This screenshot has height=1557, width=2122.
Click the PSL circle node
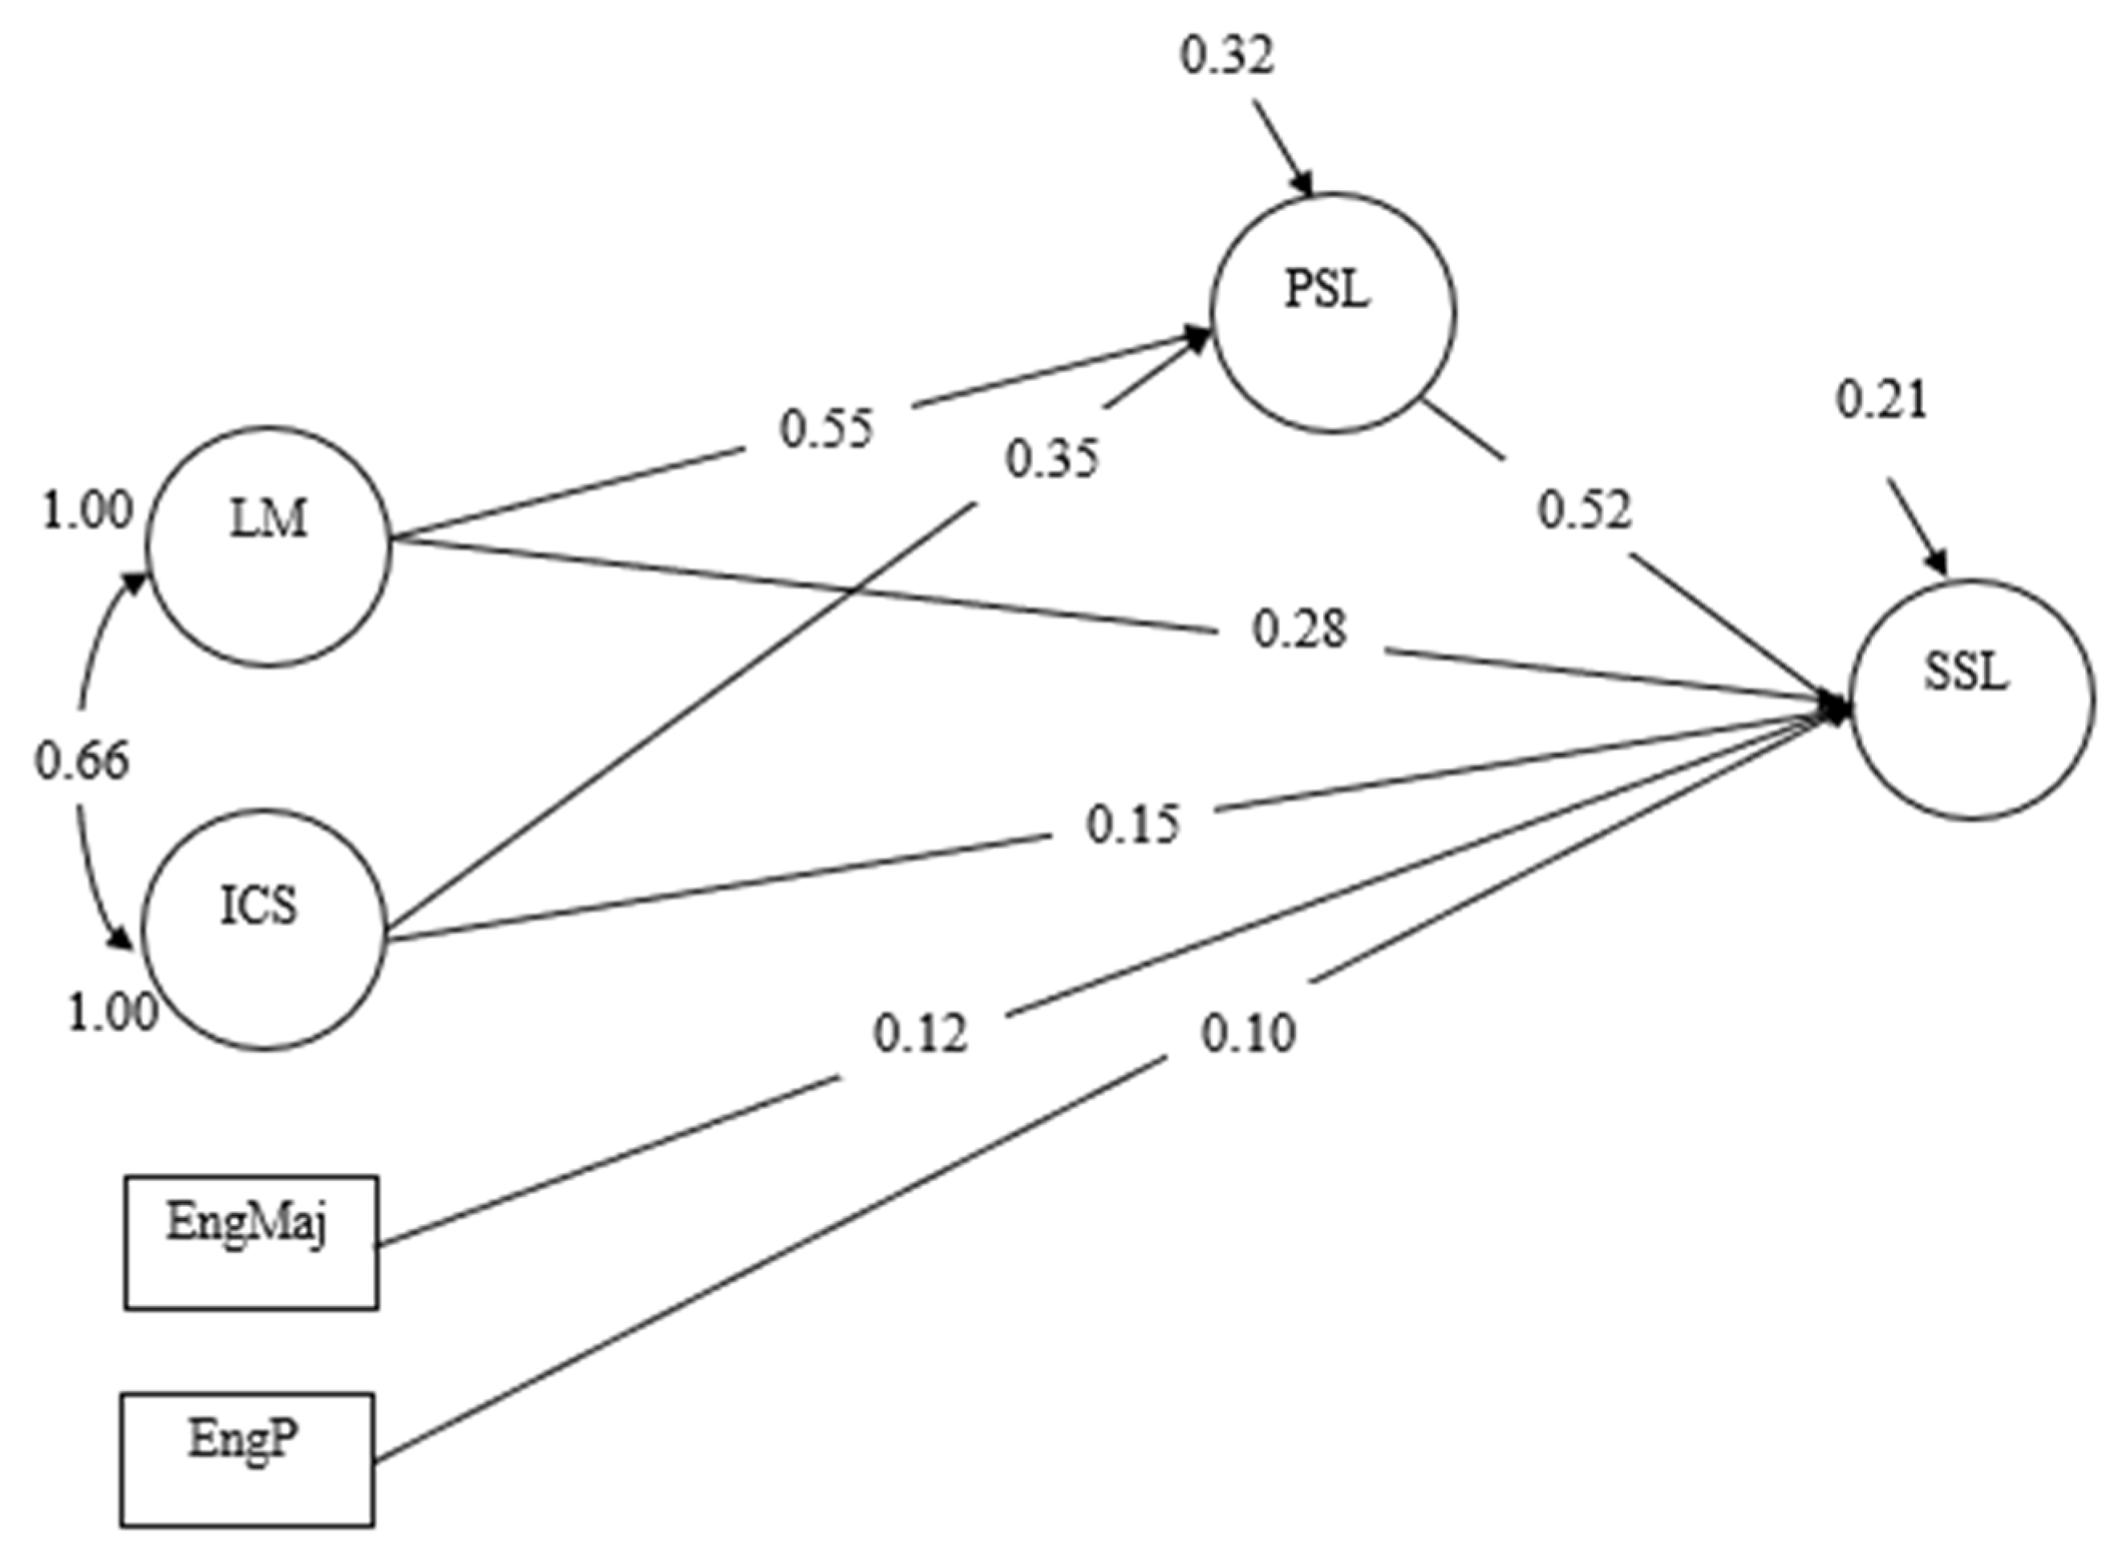(1332, 313)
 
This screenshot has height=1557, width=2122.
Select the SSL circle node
(1972, 698)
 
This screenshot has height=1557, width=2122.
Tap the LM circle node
(269, 546)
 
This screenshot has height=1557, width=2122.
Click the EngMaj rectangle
(251, 1241)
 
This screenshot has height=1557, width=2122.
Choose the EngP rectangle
(247, 1459)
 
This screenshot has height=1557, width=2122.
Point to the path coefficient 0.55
(827, 429)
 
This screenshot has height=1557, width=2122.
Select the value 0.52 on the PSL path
(1584, 510)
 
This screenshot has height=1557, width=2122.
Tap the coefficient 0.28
(1299, 629)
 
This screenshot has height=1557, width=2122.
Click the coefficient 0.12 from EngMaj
(920, 1034)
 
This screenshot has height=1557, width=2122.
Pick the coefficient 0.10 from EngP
(1248, 1033)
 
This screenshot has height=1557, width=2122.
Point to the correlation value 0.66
(82, 761)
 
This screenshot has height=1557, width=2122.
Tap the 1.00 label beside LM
(87, 511)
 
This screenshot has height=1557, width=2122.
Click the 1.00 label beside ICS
(112, 1013)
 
